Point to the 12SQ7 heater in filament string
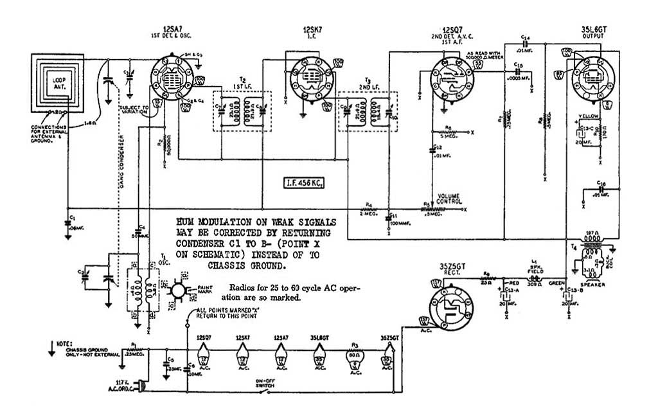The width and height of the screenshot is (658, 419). (203, 353)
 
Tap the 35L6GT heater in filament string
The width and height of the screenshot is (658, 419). (319, 353)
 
